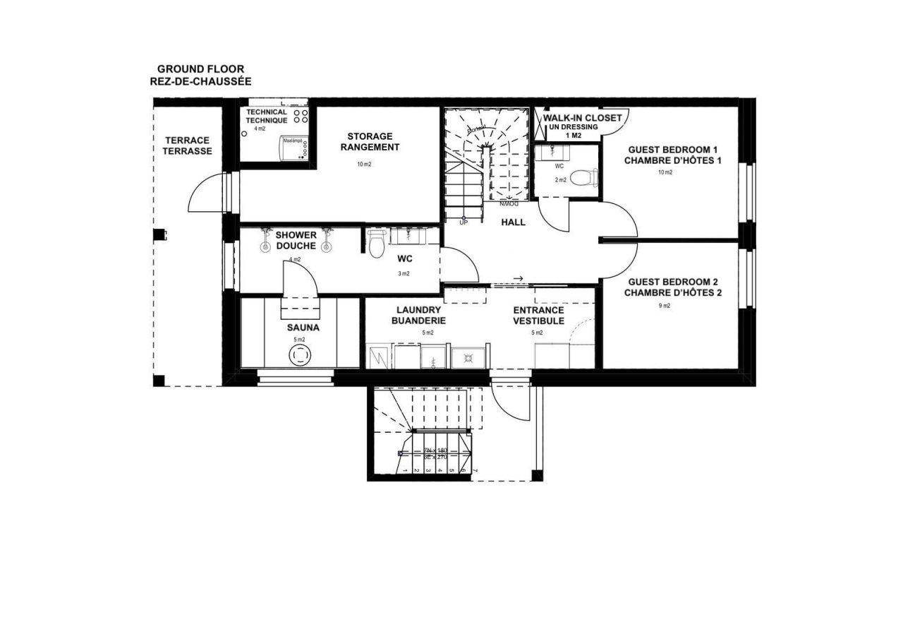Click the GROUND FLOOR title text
(x=200, y=69)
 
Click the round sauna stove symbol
(x=300, y=356)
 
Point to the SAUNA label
(x=303, y=328)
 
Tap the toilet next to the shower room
(x=375, y=244)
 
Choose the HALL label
(x=513, y=222)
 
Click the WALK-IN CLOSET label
(x=582, y=118)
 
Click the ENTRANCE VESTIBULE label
(x=538, y=315)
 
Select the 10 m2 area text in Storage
(x=364, y=165)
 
